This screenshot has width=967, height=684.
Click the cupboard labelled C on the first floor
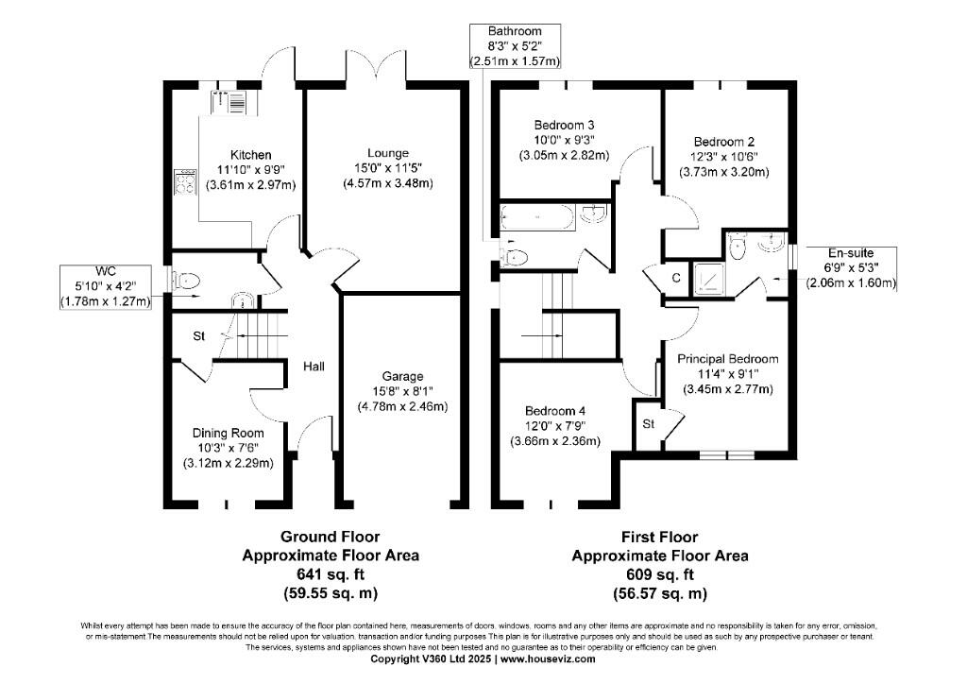point(676,278)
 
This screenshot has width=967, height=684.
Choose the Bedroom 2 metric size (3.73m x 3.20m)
point(724,172)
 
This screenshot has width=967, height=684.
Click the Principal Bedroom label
point(727,359)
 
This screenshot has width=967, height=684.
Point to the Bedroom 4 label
point(555,411)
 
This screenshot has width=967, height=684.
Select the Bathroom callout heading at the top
point(516,32)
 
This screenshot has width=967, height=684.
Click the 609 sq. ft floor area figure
point(660,574)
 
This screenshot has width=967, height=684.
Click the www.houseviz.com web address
point(548,658)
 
